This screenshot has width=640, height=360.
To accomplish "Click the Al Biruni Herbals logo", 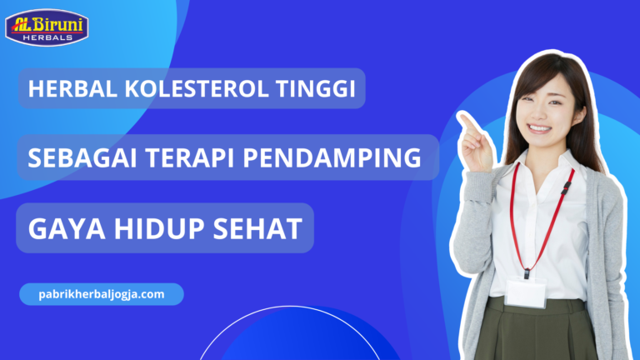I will pyautogui.click(x=47, y=27).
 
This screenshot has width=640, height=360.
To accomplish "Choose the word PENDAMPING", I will pyautogui.click(x=332, y=157).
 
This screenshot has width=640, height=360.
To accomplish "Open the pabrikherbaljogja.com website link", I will pyautogui.click(x=101, y=294).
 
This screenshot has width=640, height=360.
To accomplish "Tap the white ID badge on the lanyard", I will pyautogui.click(x=526, y=292).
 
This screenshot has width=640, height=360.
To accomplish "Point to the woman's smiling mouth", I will pyautogui.click(x=539, y=128).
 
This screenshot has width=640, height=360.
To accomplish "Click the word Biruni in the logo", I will pyautogui.click(x=62, y=21).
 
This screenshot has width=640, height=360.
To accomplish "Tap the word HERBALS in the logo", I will pyautogui.click(x=52, y=37).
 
